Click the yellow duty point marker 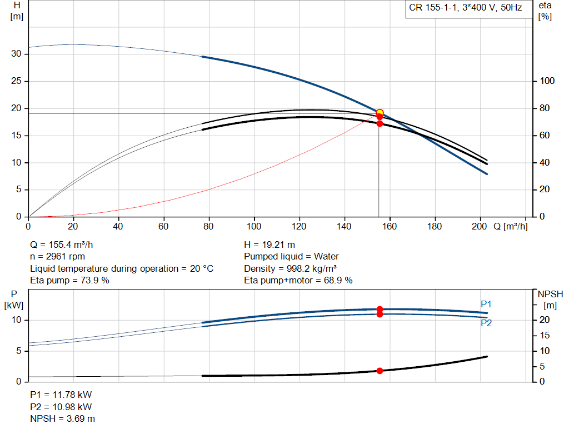tap(380, 113)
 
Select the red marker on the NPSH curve tap(380, 371)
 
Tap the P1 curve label tap(486, 304)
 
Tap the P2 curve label tap(486, 323)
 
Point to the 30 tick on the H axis tap(17, 54)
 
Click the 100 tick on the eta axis tap(548, 81)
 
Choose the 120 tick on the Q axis tap(299, 227)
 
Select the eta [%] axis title tap(545, 11)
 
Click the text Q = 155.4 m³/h tap(66, 245)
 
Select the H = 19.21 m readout tap(269, 245)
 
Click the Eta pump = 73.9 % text tap(69, 281)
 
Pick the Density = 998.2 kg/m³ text tap(290, 268)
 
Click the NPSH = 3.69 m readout tap(62, 418)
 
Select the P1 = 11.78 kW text tap(61, 395)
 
